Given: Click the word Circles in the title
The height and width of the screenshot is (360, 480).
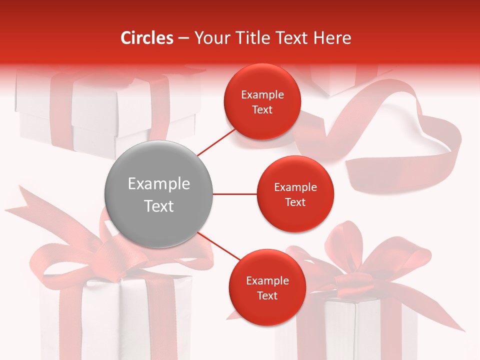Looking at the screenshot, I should pyautogui.click(x=147, y=38).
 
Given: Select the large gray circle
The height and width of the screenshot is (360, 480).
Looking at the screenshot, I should pyautogui.click(x=158, y=194).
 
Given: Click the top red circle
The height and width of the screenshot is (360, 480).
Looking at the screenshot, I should pyautogui.click(x=262, y=102).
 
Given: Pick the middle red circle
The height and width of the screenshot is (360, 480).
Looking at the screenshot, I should pyautogui.click(x=295, y=194).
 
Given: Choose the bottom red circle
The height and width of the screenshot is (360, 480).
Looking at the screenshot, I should pyautogui.click(x=267, y=288).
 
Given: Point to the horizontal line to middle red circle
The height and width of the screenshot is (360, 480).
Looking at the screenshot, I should pyautogui.click(x=235, y=194).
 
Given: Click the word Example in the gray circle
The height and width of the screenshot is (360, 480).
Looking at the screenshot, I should pyautogui.click(x=158, y=184).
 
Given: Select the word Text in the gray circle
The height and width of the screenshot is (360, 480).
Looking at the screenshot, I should pyautogui.click(x=158, y=206).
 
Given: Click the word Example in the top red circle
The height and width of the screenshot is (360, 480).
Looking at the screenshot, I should pyautogui.click(x=262, y=95).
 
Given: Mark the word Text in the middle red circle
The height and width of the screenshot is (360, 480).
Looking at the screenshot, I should pyautogui.click(x=295, y=202).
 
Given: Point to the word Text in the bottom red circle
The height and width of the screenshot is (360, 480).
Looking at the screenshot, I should pyautogui.click(x=267, y=295).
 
